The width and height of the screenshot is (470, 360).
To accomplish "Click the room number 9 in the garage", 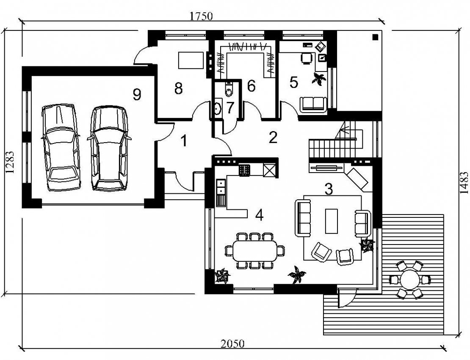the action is [137, 95].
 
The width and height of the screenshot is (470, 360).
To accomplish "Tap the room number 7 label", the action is [230, 108].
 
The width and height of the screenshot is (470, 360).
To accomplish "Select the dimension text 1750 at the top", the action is [201, 16].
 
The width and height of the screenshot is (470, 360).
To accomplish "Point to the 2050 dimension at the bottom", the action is [233, 343].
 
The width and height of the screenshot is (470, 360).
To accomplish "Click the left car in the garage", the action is [61, 147].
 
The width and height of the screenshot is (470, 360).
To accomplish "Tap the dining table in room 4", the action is [255, 251].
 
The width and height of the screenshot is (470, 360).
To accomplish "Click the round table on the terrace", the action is [410, 280].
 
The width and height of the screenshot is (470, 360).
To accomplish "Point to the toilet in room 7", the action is [229, 89].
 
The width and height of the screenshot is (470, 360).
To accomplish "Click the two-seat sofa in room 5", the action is [313, 104].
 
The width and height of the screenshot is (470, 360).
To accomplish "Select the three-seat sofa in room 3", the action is [303, 218].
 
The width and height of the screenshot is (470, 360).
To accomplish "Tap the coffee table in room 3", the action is [332, 221].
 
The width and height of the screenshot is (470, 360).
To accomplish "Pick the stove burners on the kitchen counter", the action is [244, 170].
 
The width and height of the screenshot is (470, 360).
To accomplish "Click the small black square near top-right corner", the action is [375, 37].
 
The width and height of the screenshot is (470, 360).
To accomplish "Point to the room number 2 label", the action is [273, 137].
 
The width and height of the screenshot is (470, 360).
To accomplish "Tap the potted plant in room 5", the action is [318, 79].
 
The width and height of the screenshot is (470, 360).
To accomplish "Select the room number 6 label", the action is [251, 86].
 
